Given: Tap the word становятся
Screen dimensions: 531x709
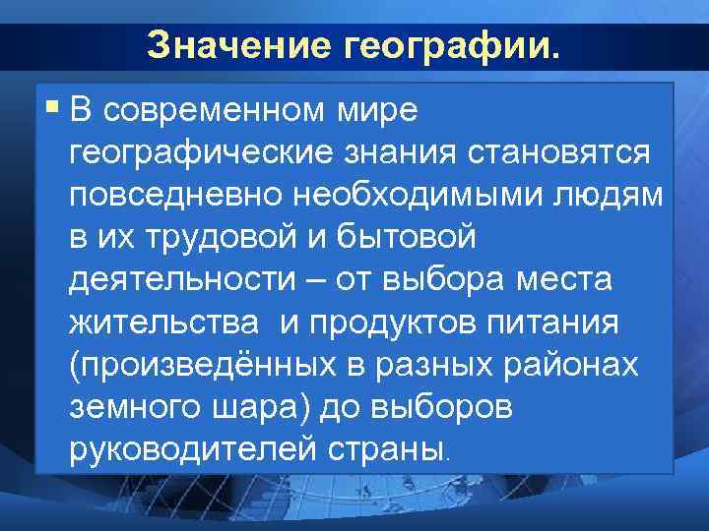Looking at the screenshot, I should [x=558, y=152].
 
